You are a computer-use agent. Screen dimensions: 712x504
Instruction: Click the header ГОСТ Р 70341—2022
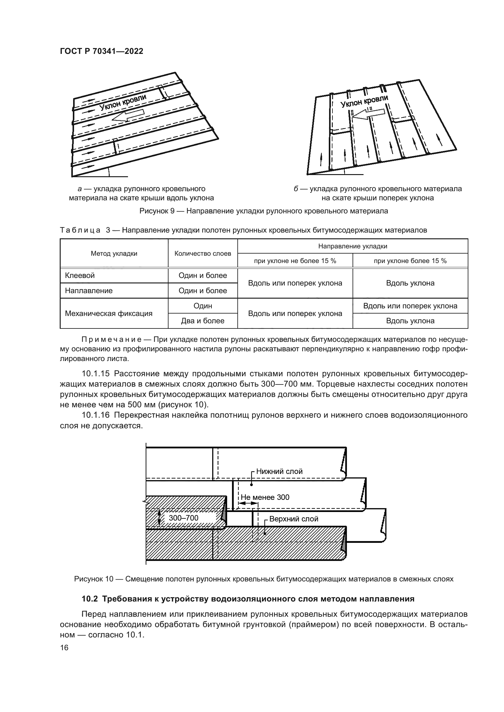(x=101, y=51)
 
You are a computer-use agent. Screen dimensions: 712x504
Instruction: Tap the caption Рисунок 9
(x=264, y=211)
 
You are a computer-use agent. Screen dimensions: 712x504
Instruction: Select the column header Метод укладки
(x=114, y=253)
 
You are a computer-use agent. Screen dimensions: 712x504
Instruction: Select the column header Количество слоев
(x=203, y=253)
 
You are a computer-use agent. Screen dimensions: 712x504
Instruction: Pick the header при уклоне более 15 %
(x=410, y=261)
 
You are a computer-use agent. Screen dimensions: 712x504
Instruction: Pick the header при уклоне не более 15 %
(x=295, y=261)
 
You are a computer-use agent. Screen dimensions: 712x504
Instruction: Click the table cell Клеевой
(x=80, y=275)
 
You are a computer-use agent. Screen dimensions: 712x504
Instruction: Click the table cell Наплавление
(x=89, y=291)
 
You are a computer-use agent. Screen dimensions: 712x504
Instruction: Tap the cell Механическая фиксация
(x=108, y=313)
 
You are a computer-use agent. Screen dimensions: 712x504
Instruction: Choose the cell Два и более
(x=203, y=321)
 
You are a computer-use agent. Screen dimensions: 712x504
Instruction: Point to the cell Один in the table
(x=203, y=306)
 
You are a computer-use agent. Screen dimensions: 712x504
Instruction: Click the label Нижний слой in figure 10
(x=279, y=471)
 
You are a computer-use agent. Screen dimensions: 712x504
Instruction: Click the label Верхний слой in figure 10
(x=293, y=519)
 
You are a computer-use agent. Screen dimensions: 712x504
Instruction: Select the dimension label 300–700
(x=183, y=517)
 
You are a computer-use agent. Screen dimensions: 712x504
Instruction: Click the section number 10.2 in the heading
(x=90, y=608)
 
